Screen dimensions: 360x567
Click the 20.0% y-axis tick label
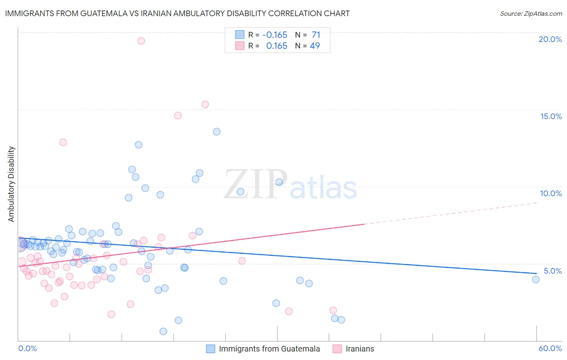(x=550, y=39)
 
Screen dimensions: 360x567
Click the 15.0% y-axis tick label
(x=551, y=116)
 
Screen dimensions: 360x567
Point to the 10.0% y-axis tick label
(x=551, y=193)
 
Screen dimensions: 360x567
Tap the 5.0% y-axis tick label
(x=552, y=271)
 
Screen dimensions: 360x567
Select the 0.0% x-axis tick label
(x=27, y=348)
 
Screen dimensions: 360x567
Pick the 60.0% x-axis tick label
(x=550, y=348)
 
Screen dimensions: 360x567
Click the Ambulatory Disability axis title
(x=11, y=184)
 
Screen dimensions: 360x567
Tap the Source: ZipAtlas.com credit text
(x=531, y=13)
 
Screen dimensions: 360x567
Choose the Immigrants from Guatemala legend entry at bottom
(x=269, y=349)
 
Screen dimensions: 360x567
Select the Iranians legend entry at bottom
(x=360, y=349)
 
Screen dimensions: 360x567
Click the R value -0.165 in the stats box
(x=275, y=35)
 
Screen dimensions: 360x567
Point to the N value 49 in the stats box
(x=315, y=46)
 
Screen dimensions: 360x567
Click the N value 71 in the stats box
(x=316, y=35)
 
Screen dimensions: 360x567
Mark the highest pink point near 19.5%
(x=141, y=41)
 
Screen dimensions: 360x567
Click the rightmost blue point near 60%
(x=536, y=279)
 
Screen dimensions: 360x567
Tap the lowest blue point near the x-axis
(x=163, y=331)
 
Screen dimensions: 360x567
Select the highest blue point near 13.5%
(x=217, y=132)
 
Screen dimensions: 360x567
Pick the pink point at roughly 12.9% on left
(x=63, y=142)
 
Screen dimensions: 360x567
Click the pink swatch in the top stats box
(x=240, y=46)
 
